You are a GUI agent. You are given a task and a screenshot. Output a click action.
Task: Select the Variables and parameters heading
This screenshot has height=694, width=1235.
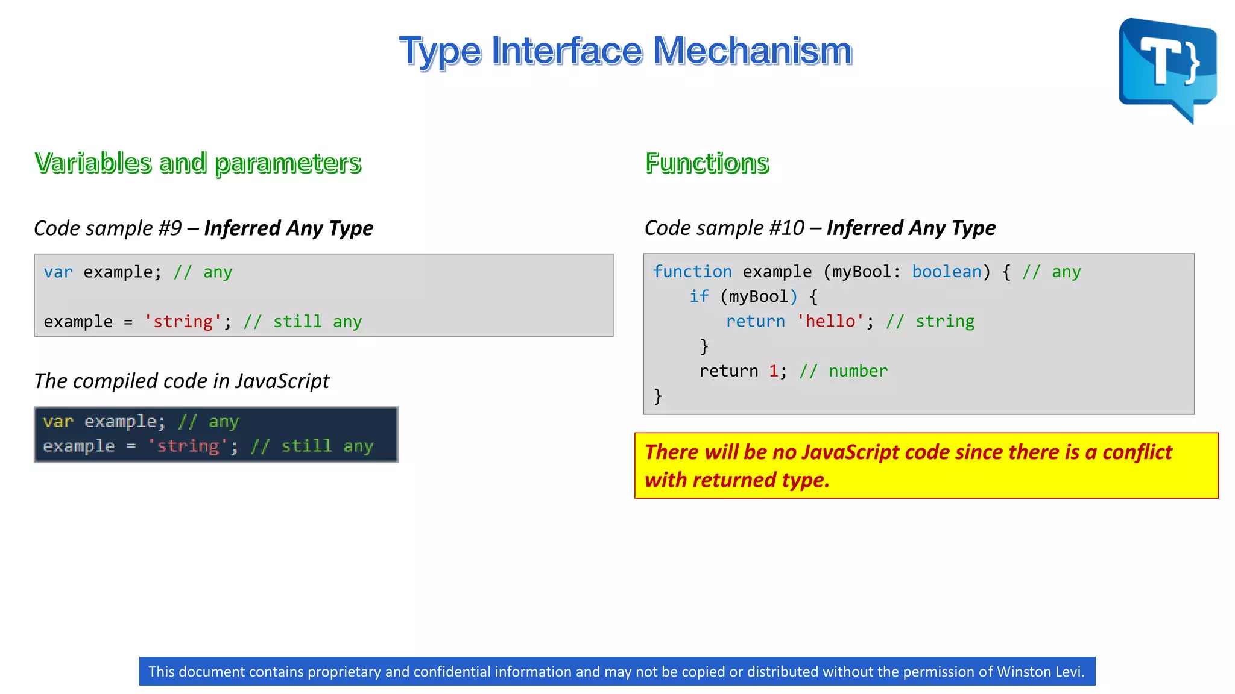click(198, 163)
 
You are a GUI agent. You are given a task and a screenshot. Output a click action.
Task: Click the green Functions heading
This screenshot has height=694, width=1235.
click(707, 163)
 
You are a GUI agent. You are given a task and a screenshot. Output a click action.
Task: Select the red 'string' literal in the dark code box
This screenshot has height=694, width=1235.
click(188, 446)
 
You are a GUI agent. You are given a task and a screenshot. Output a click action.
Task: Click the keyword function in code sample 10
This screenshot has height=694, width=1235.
click(692, 272)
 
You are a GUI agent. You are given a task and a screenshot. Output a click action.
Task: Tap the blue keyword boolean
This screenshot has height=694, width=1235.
click(946, 272)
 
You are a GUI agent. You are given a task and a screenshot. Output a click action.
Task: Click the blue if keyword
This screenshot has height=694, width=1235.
click(699, 296)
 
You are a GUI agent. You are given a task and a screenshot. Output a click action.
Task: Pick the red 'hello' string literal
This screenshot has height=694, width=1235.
click(830, 321)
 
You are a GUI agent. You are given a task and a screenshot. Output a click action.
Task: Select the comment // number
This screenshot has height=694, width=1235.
click(843, 371)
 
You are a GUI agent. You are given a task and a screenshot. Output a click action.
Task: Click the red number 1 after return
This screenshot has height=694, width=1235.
click(773, 371)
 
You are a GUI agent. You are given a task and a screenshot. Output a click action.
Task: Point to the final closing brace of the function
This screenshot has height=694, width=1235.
click(658, 396)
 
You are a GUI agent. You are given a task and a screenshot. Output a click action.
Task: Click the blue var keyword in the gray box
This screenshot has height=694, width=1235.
click(58, 272)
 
